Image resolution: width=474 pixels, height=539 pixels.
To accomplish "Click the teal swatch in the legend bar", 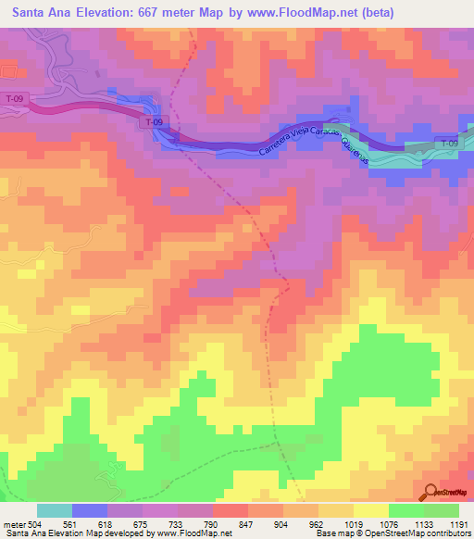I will [x=54, y=510].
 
